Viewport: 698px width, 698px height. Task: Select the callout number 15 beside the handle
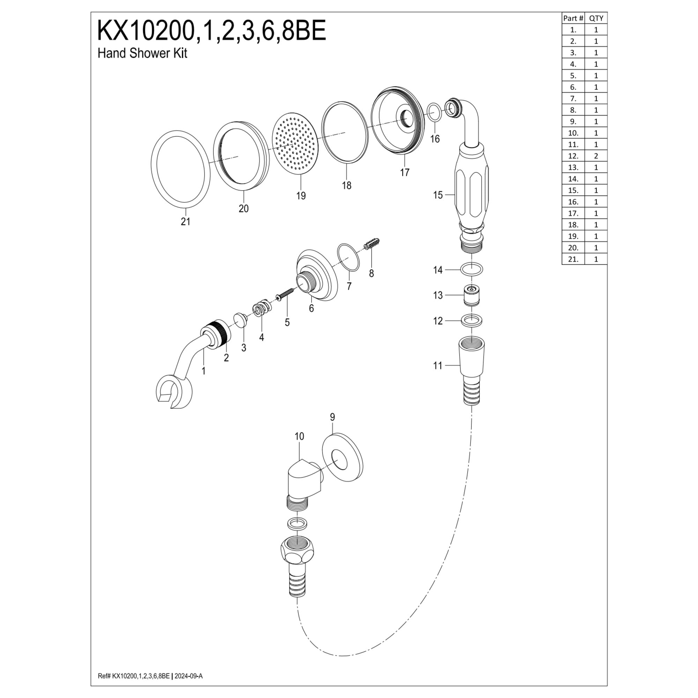tap(438, 195)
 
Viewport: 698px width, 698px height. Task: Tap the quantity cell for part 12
tap(596, 156)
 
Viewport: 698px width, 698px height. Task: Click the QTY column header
tap(596, 18)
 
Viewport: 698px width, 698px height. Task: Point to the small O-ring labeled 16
tap(434, 112)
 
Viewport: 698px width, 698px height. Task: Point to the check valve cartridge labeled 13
tap(471, 295)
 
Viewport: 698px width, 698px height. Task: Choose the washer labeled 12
tap(471, 320)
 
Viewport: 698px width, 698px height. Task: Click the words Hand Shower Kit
tap(142, 53)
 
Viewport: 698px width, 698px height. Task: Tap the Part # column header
tap(573, 18)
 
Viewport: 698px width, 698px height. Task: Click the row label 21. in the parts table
tap(573, 259)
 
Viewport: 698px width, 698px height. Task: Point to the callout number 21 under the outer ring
tap(185, 222)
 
